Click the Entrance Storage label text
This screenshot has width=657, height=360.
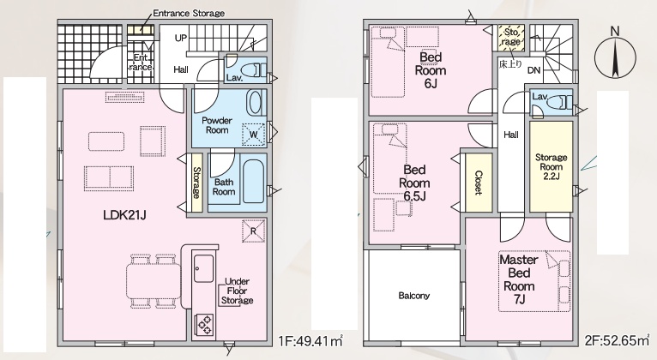(189, 14)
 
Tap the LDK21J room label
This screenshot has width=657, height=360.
(124, 215)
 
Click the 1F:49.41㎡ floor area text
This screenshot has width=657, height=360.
(310, 341)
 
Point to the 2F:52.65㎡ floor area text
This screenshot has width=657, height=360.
(617, 340)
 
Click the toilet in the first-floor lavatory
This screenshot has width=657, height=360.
(256, 69)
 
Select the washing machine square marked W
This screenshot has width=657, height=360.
(254, 135)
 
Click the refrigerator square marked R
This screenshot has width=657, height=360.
(254, 231)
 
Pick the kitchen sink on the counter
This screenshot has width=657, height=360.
(203, 268)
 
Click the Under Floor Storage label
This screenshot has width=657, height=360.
(238, 291)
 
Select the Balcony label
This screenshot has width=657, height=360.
(414, 296)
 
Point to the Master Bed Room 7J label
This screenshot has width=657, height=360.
(519, 279)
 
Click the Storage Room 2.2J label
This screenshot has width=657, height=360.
(551, 166)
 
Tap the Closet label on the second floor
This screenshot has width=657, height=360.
(478, 183)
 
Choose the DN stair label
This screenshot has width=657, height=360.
(533, 70)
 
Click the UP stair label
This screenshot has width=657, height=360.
(181, 38)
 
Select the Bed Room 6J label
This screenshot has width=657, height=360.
(431, 70)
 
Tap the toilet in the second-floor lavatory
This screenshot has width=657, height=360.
(561, 102)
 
